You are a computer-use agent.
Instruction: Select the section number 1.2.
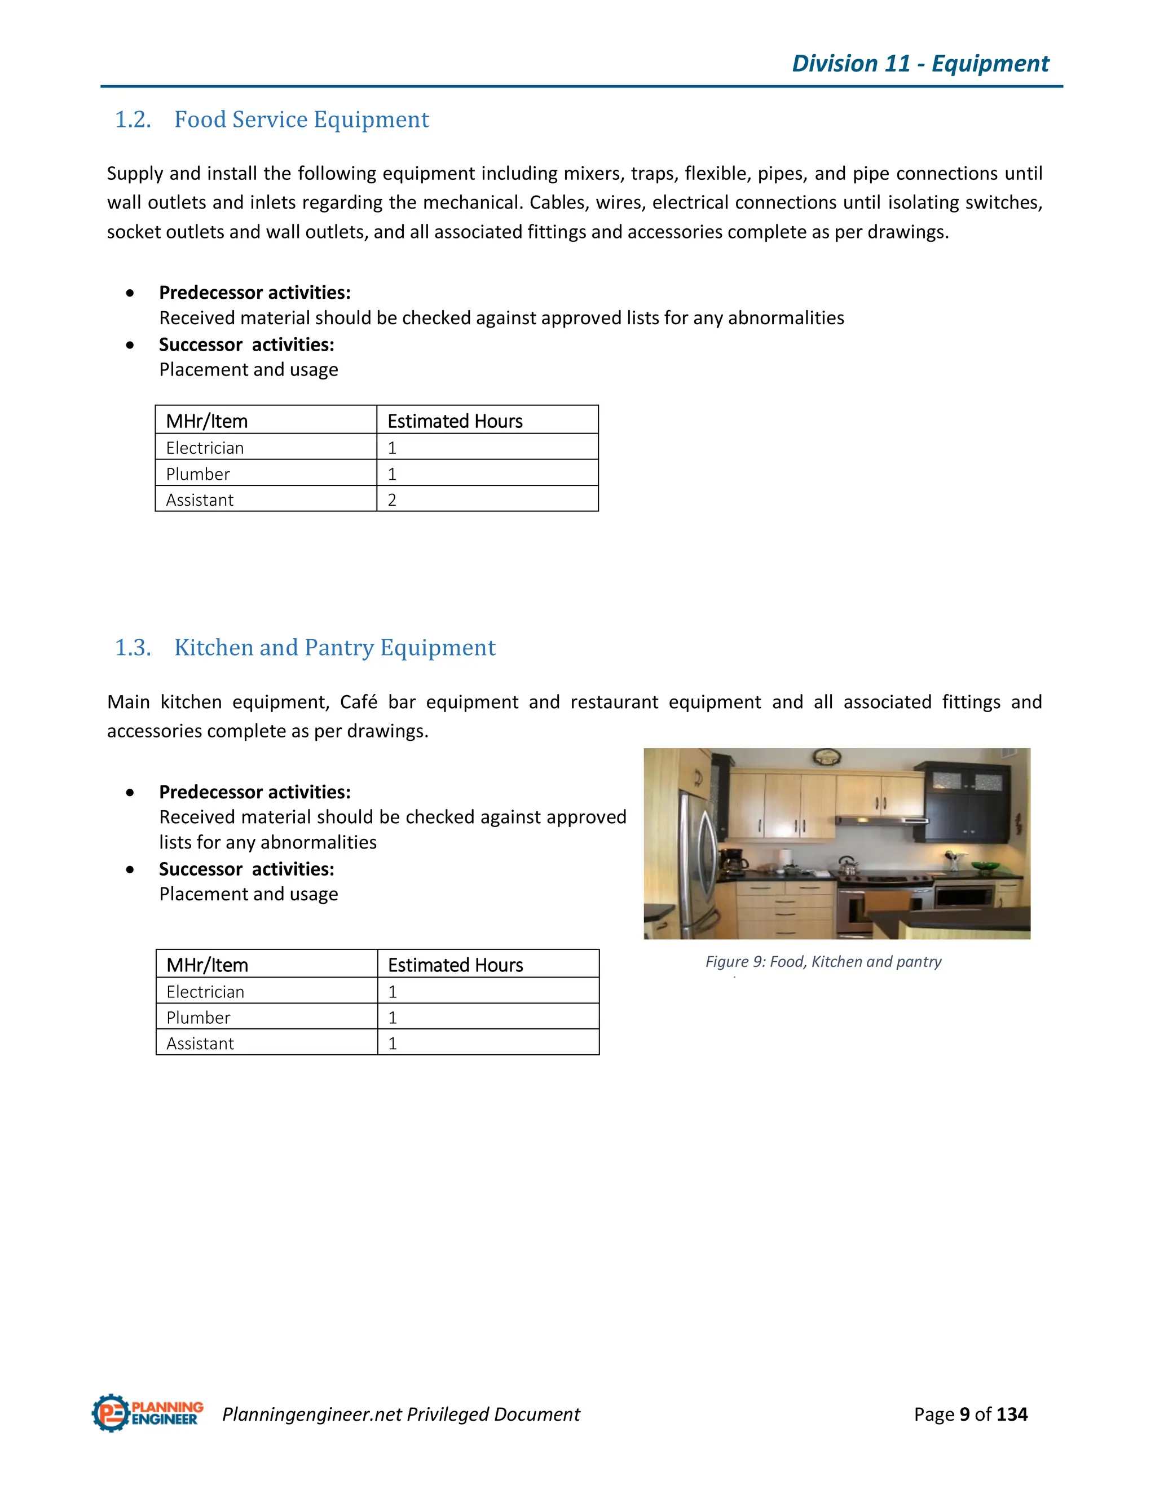[133, 120]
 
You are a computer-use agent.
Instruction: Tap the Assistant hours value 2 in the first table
[392, 500]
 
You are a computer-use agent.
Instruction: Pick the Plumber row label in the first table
[198, 474]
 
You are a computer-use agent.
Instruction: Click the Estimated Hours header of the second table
[455, 965]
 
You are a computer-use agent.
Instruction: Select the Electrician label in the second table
[205, 992]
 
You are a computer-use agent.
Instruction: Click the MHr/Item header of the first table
[206, 421]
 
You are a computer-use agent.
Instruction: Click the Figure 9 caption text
[823, 961]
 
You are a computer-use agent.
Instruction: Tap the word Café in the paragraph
[359, 702]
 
